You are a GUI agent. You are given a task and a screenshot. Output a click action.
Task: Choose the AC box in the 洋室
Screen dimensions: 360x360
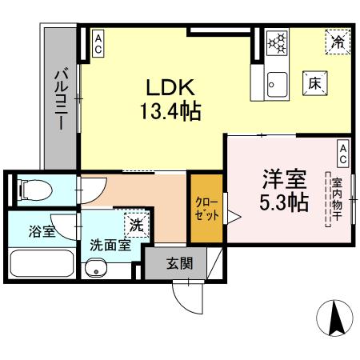[342, 150]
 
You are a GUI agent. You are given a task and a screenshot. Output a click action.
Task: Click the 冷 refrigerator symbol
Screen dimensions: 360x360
[337, 41]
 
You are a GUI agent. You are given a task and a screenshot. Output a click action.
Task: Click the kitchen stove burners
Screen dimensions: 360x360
[277, 42]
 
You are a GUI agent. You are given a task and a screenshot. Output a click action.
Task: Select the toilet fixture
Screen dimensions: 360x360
[35, 190]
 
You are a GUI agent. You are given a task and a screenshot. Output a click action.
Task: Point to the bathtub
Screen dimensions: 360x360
[41, 264]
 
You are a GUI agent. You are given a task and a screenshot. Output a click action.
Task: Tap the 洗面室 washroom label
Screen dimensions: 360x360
[110, 246]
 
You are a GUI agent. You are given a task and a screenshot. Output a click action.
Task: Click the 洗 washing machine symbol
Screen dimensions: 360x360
[136, 224]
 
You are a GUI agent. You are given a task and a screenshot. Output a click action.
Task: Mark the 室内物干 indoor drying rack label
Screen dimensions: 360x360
[337, 199]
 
